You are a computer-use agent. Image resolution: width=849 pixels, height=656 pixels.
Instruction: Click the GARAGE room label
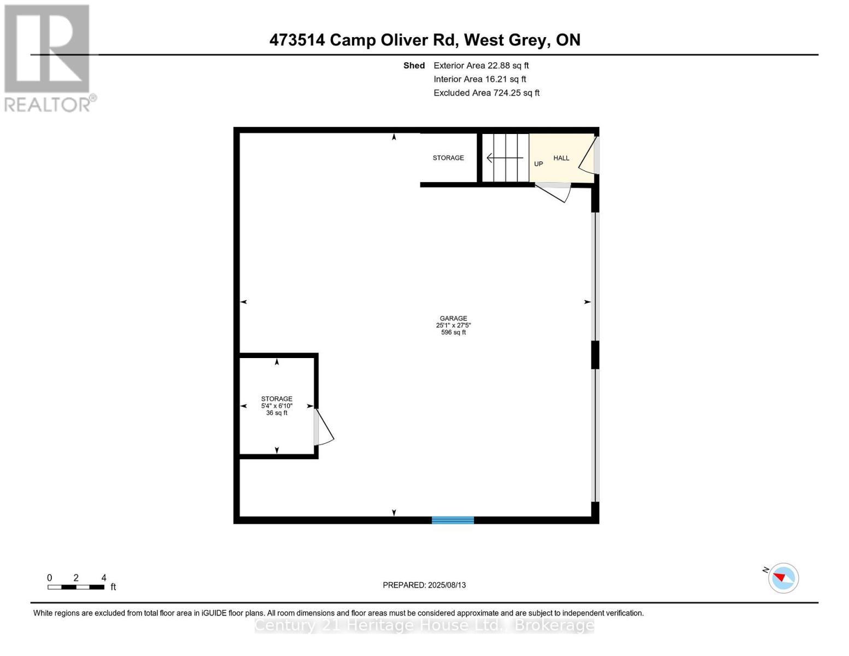(453, 318)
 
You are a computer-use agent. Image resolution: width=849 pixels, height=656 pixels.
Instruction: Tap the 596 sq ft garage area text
(453, 332)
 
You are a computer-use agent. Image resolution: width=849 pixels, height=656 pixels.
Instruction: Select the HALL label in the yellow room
(561, 158)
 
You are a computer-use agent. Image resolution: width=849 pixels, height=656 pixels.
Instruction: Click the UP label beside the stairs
(538, 164)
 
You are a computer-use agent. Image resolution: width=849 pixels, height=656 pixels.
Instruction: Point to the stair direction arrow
(504, 159)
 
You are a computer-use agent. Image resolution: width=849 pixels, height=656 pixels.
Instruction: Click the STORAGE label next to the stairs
(448, 158)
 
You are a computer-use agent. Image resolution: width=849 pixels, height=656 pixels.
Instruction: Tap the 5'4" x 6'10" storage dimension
(277, 406)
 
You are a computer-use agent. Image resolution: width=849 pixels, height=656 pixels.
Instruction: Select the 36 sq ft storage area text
(277, 413)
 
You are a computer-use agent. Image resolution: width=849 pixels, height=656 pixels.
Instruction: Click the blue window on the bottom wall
(453, 520)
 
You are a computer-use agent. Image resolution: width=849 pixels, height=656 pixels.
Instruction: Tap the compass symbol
(783, 578)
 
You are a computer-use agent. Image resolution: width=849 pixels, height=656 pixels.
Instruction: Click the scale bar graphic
(75, 587)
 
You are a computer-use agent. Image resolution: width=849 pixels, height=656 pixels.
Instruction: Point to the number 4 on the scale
(104, 578)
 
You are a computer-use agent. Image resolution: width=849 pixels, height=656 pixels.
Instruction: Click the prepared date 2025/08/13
(424, 585)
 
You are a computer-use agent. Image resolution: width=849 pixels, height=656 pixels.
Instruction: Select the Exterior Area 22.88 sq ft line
(481, 66)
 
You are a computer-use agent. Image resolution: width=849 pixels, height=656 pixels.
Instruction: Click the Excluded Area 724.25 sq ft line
(487, 93)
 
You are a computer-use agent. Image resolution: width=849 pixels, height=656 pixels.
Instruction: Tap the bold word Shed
(414, 66)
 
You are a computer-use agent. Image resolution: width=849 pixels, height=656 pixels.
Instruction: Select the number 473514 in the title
(297, 40)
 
